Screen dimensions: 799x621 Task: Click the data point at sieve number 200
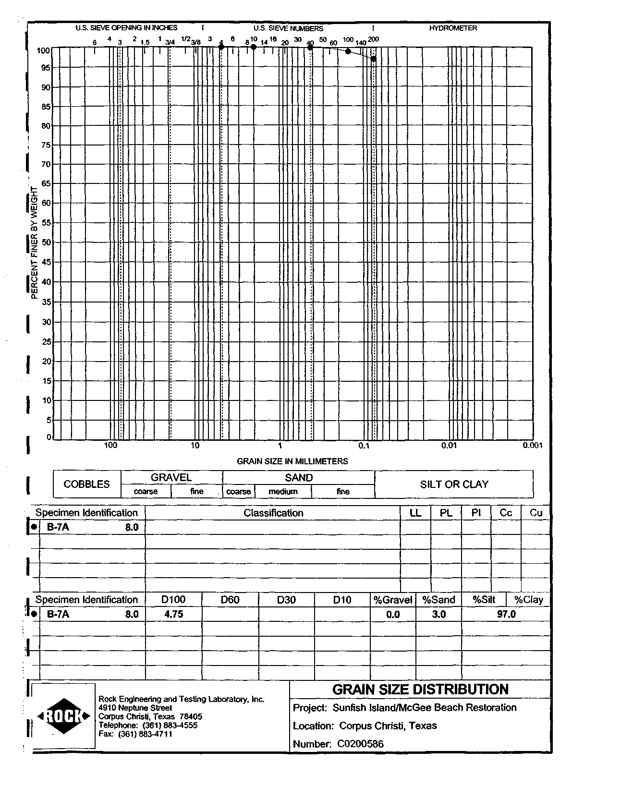[373, 59]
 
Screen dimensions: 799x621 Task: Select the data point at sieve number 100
[348, 51]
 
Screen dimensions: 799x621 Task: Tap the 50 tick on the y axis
[46, 242]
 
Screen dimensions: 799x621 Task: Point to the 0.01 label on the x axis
[449, 446]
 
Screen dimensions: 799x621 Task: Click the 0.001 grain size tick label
[533, 446]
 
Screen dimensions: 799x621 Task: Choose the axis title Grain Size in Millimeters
[292, 461]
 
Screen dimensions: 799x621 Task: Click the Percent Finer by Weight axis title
[34, 242]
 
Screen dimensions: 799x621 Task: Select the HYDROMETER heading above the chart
[453, 28]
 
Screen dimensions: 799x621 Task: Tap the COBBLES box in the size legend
[87, 484]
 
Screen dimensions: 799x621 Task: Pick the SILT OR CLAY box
[454, 484]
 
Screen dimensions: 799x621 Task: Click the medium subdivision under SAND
[283, 492]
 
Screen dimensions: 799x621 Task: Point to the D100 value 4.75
[173, 614]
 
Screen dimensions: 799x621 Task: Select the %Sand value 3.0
[438, 614]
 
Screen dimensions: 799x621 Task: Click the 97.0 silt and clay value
[506, 614]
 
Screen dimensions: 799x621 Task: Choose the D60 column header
[230, 600]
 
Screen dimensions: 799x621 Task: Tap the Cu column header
[536, 513]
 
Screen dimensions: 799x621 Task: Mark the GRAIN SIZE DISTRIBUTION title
[420, 690]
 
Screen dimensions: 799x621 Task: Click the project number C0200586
[360, 744]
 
